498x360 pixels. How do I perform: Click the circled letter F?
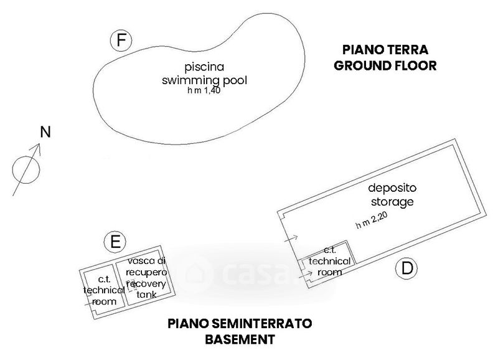(121, 40)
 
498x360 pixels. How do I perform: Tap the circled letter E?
(115, 242)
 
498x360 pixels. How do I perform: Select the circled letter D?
(406, 268)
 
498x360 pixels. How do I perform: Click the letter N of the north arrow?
(45, 132)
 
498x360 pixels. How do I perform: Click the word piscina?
(205, 67)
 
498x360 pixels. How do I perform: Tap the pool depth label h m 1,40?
(204, 90)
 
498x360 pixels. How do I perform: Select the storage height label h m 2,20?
(372, 220)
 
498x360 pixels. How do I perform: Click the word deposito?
(392, 187)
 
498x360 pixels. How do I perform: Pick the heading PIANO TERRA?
(385, 50)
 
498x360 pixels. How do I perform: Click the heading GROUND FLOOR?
(385, 66)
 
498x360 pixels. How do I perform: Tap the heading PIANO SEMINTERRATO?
(240, 324)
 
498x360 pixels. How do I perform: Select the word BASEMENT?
(240, 339)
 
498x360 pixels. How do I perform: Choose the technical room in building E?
(103, 290)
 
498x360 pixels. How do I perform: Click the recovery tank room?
(146, 278)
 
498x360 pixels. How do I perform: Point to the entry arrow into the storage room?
(291, 239)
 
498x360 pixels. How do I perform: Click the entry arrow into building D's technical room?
(306, 275)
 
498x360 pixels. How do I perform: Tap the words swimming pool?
(205, 80)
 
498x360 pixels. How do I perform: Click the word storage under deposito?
(392, 202)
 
